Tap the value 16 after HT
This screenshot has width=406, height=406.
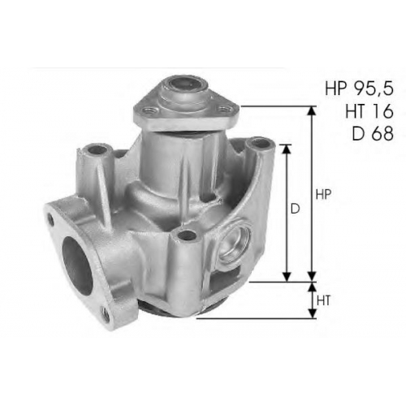click(381, 111)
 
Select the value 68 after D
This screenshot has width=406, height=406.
click(382, 133)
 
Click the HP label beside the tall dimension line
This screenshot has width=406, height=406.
click(323, 194)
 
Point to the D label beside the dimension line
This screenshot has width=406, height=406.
click(296, 209)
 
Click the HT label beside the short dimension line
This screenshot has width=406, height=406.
click(323, 300)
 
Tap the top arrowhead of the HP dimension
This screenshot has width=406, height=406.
click(312, 111)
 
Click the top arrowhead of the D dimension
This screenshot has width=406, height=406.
click(287, 149)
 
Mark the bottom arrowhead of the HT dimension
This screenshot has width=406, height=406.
click(313, 313)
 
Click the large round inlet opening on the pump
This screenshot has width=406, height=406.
click(77, 266)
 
